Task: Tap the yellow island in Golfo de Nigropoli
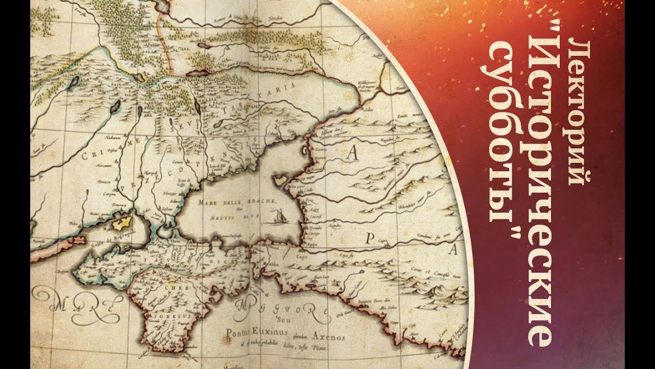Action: pos(121,223)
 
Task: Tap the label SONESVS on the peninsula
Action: pos(154,316)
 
